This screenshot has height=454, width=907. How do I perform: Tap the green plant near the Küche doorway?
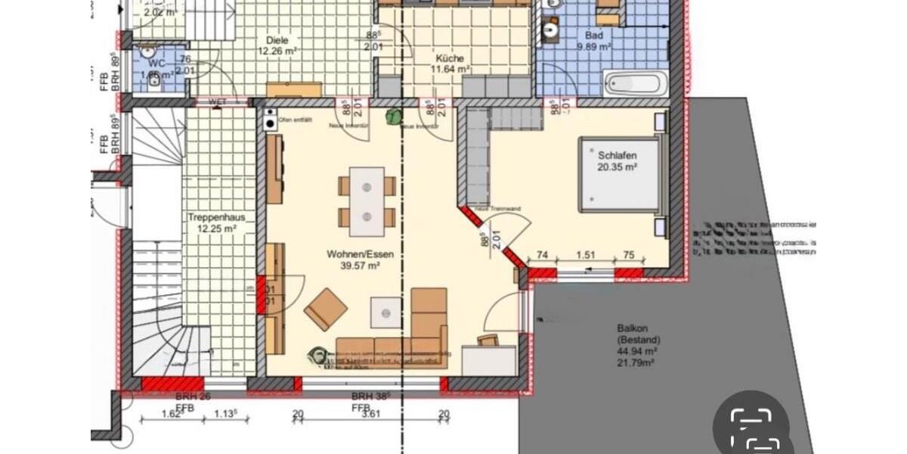(393, 117)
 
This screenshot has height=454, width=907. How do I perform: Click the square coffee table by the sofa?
(385, 311)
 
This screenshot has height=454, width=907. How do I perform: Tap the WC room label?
(156, 64)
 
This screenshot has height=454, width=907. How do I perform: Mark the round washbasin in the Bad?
(549, 30)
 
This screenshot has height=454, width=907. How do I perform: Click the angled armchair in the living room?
(326, 309)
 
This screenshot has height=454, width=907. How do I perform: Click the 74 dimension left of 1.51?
(541, 256)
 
